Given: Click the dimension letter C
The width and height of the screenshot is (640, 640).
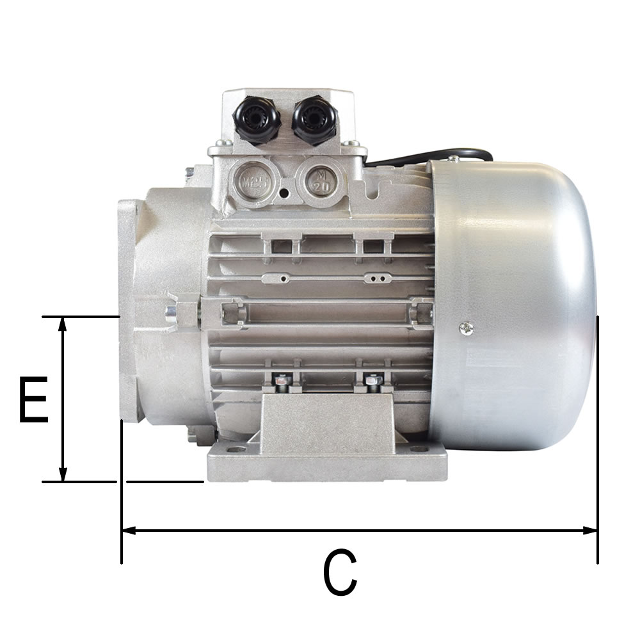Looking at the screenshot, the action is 340,572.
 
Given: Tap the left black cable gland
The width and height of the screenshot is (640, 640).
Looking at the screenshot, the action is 257,119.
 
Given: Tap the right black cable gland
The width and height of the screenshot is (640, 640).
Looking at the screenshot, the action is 314,119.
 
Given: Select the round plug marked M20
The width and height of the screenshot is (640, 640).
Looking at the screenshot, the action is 321,181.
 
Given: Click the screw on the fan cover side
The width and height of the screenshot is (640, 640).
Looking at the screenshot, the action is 467,328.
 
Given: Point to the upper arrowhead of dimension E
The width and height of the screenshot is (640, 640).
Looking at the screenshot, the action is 62,323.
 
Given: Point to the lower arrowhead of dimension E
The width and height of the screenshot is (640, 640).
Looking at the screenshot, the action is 63,474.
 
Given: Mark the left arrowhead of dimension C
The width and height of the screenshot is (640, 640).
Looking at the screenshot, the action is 129,531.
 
